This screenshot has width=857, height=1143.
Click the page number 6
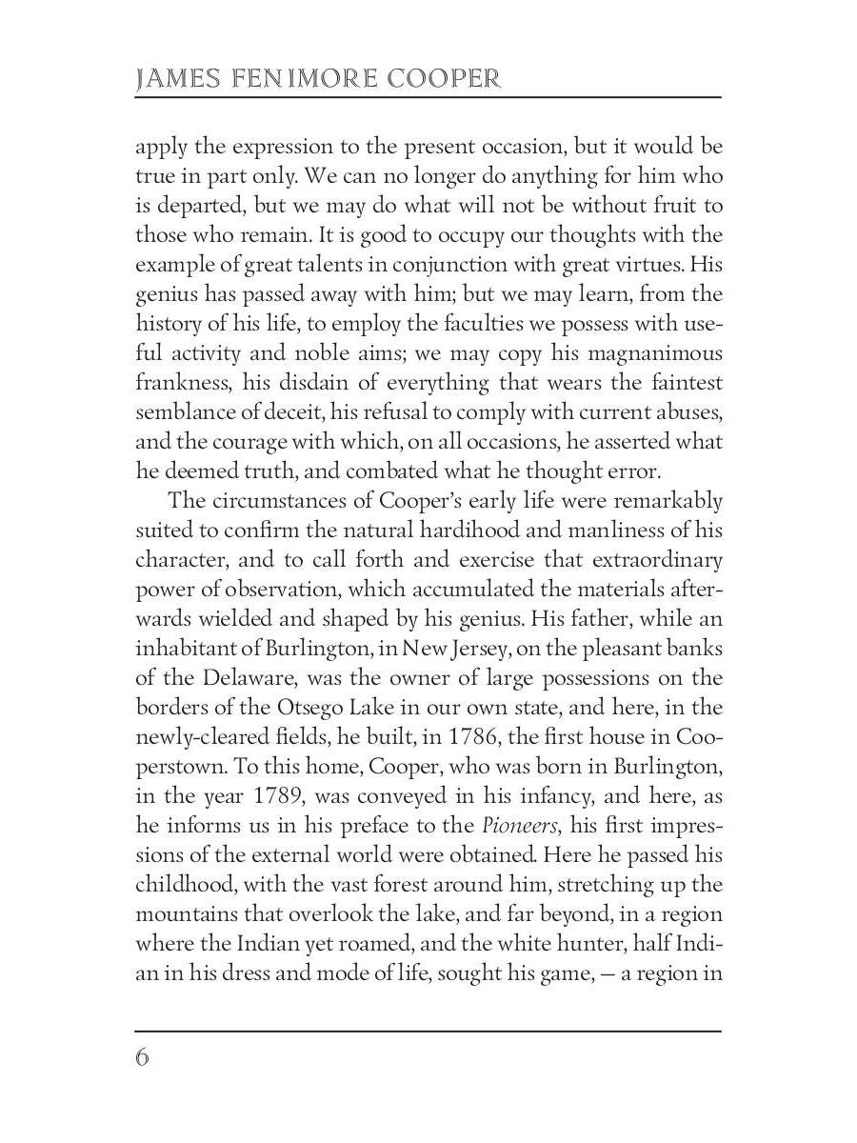tap(143, 1058)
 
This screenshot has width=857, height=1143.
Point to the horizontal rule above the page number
tap(428, 1031)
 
